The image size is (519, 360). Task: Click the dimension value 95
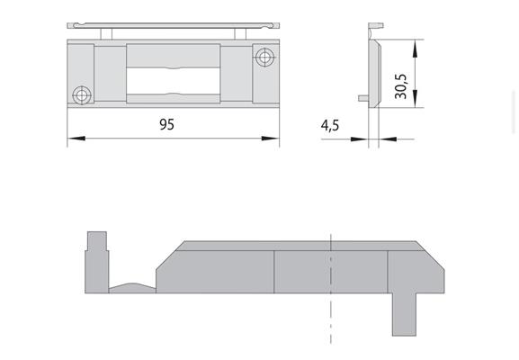click(x=166, y=124)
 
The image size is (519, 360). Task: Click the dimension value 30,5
click(x=401, y=86)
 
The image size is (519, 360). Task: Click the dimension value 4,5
click(x=330, y=125)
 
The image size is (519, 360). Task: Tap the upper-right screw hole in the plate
click(x=265, y=58)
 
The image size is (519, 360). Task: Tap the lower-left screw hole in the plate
click(x=82, y=95)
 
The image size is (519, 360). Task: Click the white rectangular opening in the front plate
click(x=174, y=81)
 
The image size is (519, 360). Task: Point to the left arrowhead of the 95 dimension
click(x=76, y=138)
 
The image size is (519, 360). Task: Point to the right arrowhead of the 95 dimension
click(x=271, y=138)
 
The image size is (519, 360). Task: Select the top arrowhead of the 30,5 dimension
click(x=415, y=49)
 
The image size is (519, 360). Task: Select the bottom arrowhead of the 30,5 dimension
click(x=415, y=99)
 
